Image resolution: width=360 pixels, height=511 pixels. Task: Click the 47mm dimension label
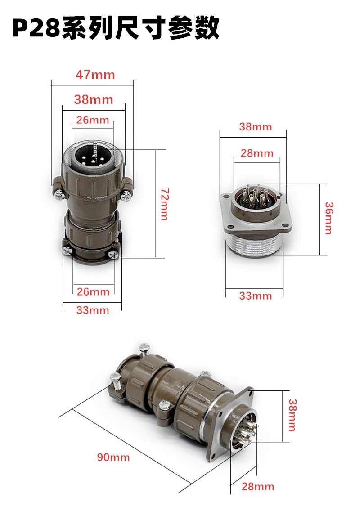[95, 75]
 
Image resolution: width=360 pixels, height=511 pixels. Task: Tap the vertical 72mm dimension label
[165, 204]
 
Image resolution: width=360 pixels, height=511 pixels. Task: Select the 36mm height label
[329, 218]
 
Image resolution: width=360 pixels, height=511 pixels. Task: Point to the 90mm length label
[113, 457]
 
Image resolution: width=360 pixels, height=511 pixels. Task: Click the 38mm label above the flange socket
[256, 126]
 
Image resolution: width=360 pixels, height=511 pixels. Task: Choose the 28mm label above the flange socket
[257, 153]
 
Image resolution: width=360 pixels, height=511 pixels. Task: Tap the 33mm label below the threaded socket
[256, 296]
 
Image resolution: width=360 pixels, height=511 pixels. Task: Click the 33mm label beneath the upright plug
[93, 310]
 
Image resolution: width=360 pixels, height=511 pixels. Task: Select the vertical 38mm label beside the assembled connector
[292, 415]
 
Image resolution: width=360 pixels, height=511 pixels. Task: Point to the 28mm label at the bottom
[258, 487]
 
